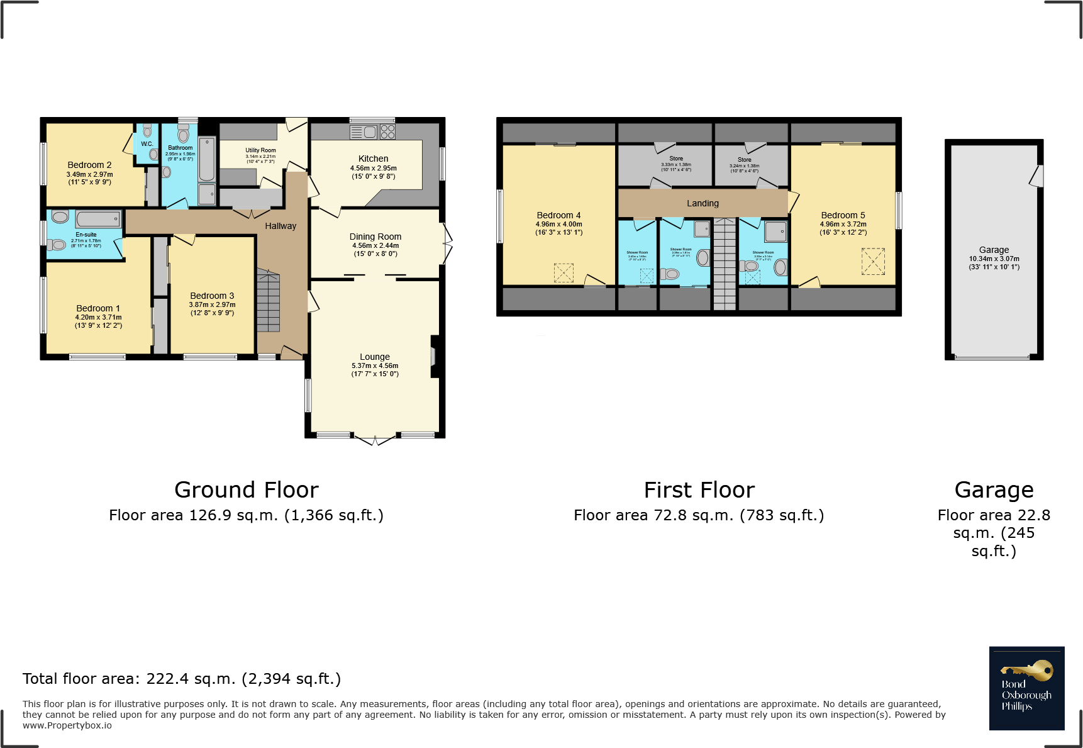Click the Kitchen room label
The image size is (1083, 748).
[373, 159]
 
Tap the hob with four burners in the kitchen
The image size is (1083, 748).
[387, 131]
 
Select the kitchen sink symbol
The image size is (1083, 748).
[364, 132]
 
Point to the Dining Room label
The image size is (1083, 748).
[375, 237]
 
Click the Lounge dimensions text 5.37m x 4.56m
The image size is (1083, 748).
[375, 366]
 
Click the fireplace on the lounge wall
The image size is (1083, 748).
[434, 357]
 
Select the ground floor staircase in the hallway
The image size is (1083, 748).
[268, 301]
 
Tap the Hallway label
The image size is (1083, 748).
[280, 226]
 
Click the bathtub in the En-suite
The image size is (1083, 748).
[99, 219]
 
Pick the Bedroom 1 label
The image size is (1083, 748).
[98, 308]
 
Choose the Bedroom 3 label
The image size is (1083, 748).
[212, 296]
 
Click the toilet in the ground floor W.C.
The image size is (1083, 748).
[147, 130]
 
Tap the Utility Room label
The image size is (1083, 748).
[260, 150]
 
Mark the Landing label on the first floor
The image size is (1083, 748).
[703, 203]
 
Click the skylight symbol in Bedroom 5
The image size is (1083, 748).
[873, 261]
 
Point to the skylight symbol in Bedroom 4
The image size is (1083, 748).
[564, 272]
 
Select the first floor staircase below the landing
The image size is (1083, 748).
[725, 264]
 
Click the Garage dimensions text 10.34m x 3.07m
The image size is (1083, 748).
[994, 259]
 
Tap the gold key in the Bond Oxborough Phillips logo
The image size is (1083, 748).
[1028, 671]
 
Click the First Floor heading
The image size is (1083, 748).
[699, 490]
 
